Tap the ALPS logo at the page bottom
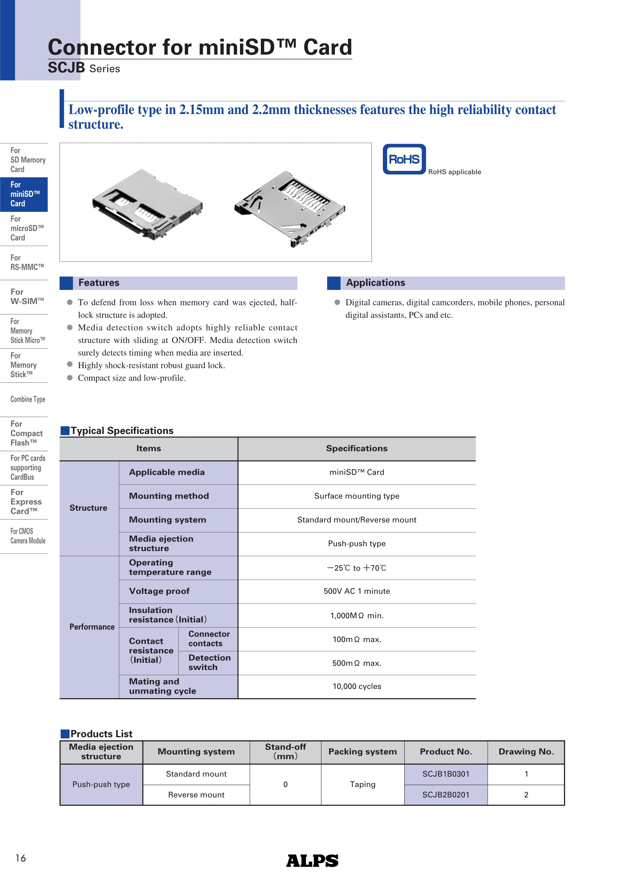pos(312,861)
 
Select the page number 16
pos(20,858)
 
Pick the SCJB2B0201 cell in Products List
pos(446,795)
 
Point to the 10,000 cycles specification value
pos(356,686)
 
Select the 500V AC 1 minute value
pos(356,591)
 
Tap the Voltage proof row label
pos(159,591)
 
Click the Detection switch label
pos(209,662)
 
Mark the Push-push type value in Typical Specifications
pos(356,543)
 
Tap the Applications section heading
pos(375,283)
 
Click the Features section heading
pos(99,283)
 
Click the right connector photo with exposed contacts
pos(290,208)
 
